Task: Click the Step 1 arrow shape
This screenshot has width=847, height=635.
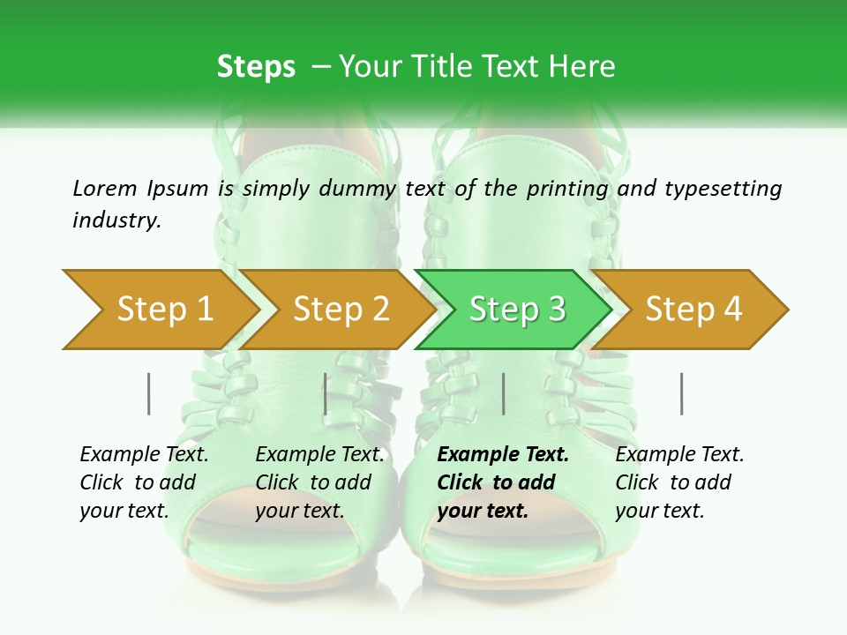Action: pyautogui.click(x=159, y=309)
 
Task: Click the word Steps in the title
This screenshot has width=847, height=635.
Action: pyautogui.click(x=256, y=67)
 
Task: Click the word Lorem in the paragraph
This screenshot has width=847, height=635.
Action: pyautogui.click(x=104, y=188)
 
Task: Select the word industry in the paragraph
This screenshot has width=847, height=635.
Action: pyautogui.click(x=116, y=220)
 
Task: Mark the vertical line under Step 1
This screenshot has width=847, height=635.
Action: pyautogui.click(x=148, y=393)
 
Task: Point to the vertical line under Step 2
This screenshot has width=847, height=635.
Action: pyautogui.click(x=326, y=393)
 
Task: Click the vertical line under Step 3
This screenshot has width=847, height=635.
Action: pyautogui.click(x=503, y=393)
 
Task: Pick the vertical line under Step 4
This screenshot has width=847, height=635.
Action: pyautogui.click(x=681, y=393)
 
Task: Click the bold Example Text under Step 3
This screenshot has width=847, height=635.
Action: pyautogui.click(x=503, y=454)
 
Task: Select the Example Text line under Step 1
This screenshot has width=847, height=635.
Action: pyautogui.click(x=144, y=454)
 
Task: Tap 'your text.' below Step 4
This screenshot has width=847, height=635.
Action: pyautogui.click(x=659, y=511)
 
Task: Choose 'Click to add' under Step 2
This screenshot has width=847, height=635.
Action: pyautogui.click(x=313, y=482)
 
